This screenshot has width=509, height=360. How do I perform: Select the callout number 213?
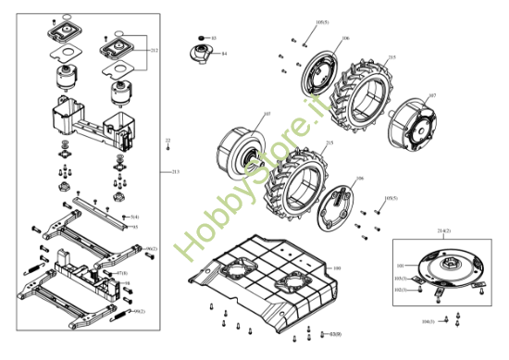[x=176, y=172]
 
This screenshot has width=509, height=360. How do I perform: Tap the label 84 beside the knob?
[x=224, y=54]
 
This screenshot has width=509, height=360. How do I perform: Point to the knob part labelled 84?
[x=202, y=52]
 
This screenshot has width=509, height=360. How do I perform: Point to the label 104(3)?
[x=428, y=322]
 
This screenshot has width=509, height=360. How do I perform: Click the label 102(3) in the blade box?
[x=401, y=289]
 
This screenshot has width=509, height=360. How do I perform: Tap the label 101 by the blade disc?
[x=400, y=266]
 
